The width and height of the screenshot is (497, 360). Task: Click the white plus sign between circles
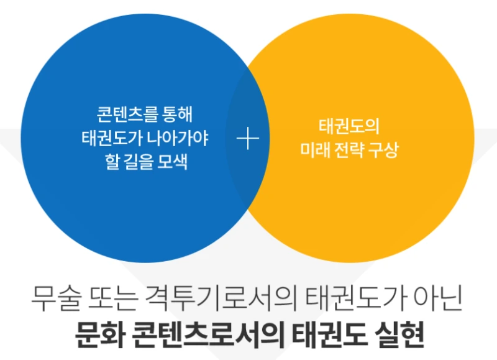(248, 139)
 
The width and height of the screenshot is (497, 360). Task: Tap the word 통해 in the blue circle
(177, 116)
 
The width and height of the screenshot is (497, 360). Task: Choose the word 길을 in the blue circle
(137, 161)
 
